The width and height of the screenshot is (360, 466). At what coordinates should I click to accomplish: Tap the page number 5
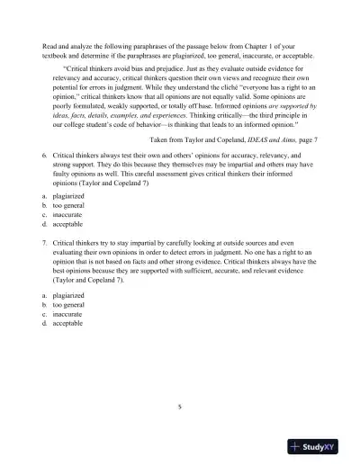point(179,406)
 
